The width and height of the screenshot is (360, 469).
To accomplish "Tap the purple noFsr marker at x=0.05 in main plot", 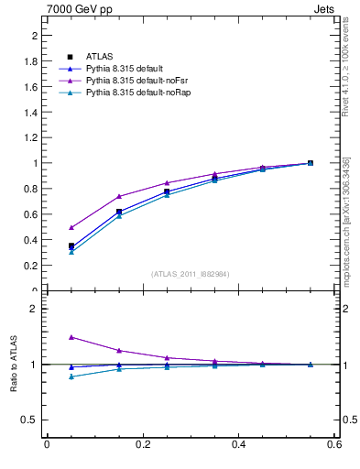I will coord(71,227).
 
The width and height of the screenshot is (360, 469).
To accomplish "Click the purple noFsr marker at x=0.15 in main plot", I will coord(119,196).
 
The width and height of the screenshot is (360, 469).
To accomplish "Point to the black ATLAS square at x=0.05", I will coord(71,245).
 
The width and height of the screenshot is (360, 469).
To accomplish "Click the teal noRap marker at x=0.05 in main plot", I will coord(71,252).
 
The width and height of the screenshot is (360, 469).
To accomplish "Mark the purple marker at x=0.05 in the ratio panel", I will coord(71,337).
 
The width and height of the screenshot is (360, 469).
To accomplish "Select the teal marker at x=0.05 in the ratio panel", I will coord(71,376).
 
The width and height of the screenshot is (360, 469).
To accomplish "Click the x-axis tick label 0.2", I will coord(142,445).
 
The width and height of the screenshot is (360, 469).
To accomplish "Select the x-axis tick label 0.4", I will coord(238,445).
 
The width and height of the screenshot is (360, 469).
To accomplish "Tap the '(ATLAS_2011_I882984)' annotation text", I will coord(191,274).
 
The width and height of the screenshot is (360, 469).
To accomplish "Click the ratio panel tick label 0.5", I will coord(30,420).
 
